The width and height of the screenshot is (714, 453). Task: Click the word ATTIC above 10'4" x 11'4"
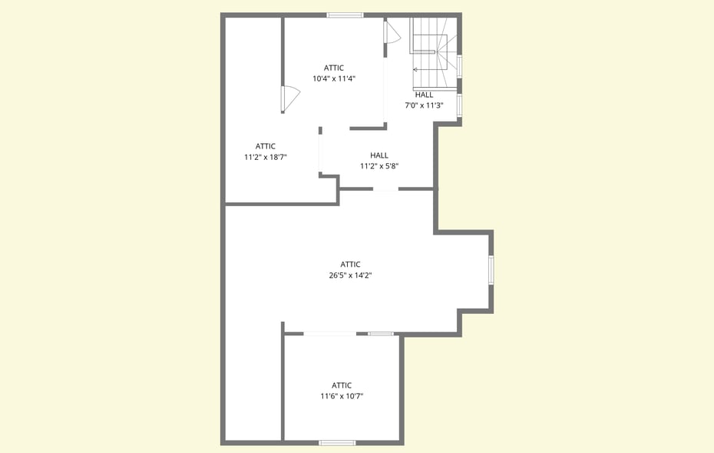coord(334,68)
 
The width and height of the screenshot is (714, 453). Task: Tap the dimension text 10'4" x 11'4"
coord(334,78)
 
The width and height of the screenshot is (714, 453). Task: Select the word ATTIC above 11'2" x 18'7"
coord(266,146)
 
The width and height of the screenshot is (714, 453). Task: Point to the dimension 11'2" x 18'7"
coord(266,158)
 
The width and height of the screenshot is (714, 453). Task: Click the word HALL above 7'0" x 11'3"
coord(424,95)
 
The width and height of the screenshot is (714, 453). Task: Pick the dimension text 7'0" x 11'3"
coord(424,106)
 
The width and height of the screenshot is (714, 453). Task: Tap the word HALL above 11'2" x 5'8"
coord(379,155)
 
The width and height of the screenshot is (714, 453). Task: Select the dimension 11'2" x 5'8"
coord(379,167)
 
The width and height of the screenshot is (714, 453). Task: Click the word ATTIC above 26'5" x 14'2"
coord(351,265)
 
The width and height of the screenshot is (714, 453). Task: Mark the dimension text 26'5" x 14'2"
coord(351,275)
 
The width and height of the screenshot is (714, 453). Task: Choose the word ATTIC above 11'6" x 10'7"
coord(342,385)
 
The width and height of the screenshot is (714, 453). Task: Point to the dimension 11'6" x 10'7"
coord(342,396)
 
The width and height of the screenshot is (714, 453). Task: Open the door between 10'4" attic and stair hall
coord(391,33)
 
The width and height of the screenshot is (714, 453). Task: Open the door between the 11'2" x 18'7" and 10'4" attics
coord(290,98)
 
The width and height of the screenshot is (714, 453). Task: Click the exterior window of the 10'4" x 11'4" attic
coord(345,15)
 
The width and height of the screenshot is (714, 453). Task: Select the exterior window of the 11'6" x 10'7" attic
coord(337,442)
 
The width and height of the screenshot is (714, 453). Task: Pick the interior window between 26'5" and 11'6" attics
coord(381,334)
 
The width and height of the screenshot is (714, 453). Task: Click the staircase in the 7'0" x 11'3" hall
coord(435,53)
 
